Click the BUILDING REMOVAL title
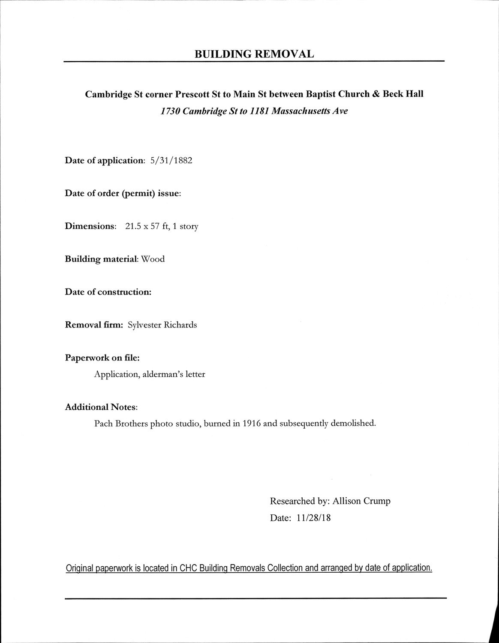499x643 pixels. (254, 54)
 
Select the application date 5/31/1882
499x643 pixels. (171, 161)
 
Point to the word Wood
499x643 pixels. (153, 259)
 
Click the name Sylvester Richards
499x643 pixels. (162, 325)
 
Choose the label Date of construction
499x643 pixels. (108, 292)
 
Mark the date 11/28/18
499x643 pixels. (313, 518)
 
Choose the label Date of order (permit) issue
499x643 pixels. (123, 194)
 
